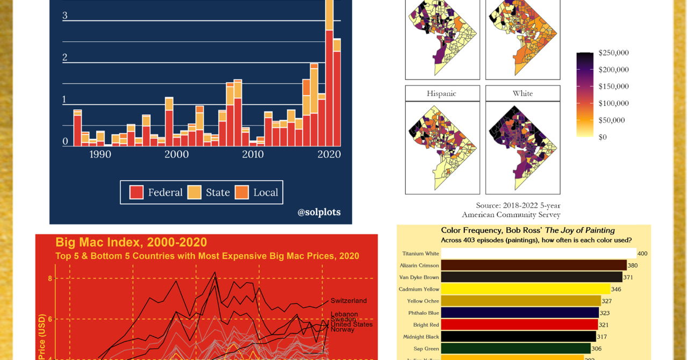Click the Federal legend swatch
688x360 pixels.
tap(137, 192)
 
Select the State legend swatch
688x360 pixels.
tap(195, 192)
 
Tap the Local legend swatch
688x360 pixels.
tap(242, 192)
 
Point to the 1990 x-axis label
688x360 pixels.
tap(100, 155)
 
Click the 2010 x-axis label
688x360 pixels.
tap(253, 155)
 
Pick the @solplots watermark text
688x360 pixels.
tap(319, 212)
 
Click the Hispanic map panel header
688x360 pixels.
tap(441, 93)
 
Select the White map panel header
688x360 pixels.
tap(522, 93)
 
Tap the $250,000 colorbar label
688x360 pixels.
tap(613, 53)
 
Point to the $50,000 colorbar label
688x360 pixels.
tap(612, 120)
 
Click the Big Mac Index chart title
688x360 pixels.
tap(131, 242)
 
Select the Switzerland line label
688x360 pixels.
tap(348, 301)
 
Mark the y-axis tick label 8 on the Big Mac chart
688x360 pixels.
tap(50, 278)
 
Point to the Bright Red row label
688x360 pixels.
tap(426, 325)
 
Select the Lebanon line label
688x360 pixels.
tap(344, 314)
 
